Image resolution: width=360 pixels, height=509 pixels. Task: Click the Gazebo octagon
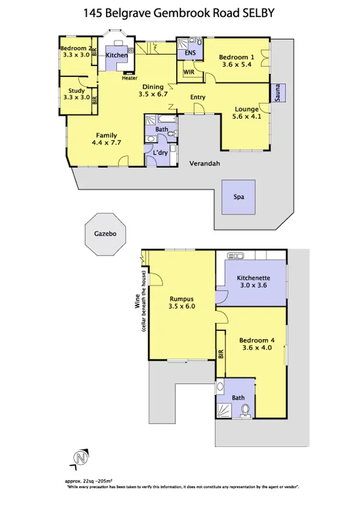click(105, 236)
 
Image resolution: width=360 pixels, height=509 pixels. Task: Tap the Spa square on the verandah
click(239, 197)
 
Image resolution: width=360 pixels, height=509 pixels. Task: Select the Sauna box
click(278, 93)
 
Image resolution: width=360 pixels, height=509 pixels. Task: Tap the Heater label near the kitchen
click(130, 78)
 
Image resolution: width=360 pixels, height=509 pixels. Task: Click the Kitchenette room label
click(253, 278)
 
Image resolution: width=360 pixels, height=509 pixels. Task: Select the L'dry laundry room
click(159, 153)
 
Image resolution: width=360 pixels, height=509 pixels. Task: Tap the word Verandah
click(204, 163)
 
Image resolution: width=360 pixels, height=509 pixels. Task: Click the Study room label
click(76, 91)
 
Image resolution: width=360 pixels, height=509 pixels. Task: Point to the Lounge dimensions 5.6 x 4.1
click(246, 116)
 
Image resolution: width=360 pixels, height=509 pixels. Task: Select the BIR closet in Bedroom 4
click(221, 354)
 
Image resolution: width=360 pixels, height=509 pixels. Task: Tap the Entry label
click(198, 97)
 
